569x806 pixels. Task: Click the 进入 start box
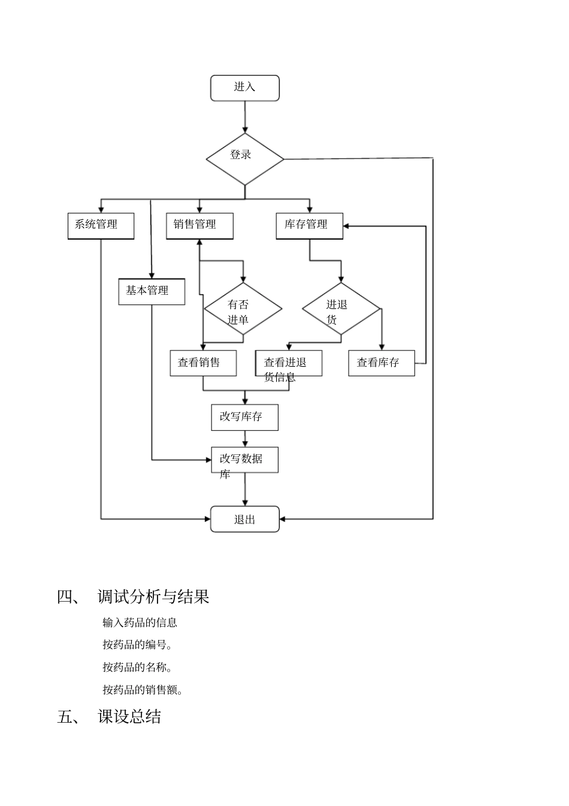click(244, 88)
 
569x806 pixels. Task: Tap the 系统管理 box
click(101, 226)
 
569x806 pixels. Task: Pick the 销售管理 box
click(199, 226)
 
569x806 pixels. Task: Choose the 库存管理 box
click(309, 226)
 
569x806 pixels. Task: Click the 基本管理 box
click(152, 292)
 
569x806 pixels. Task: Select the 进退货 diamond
click(341, 309)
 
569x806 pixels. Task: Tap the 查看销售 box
click(203, 363)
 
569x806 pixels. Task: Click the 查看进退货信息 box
click(289, 364)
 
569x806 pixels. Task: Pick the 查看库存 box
click(382, 363)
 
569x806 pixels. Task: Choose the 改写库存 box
click(244, 417)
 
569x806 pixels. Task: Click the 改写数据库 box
click(244, 460)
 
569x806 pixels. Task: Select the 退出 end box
click(244, 519)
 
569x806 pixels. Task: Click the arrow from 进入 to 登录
click(245, 117)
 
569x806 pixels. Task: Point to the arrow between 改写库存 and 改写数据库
click(245, 439)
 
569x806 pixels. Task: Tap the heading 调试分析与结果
click(153, 597)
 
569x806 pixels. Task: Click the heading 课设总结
click(129, 717)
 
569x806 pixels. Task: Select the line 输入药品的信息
click(140, 623)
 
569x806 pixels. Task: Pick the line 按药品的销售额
click(143, 690)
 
